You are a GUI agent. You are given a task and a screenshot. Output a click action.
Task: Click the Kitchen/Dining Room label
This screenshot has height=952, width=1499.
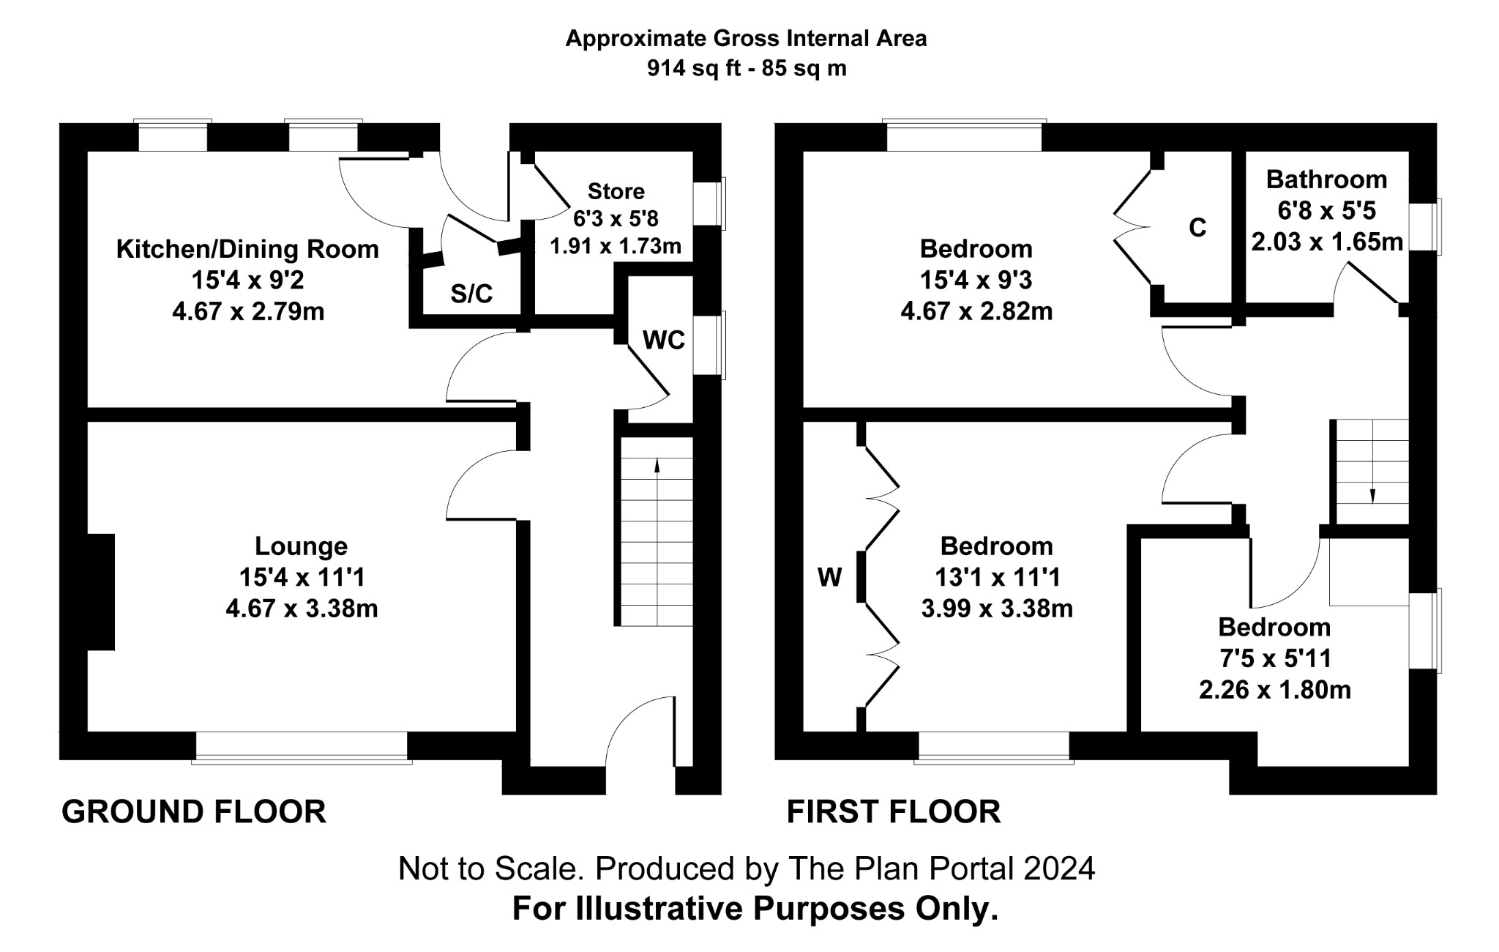(247, 250)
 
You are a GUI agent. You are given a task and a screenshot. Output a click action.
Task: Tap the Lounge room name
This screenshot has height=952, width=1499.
(301, 546)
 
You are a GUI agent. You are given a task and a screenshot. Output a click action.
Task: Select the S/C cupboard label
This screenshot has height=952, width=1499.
(471, 294)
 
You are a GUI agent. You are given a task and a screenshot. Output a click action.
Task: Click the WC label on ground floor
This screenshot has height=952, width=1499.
(663, 341)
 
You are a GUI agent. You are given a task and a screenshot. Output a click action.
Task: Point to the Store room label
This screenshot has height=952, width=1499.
(616, 192)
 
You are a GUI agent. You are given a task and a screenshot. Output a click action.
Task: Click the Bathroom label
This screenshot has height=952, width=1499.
(1326, 179)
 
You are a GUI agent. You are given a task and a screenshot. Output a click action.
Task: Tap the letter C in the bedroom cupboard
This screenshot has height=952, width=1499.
(1197, 228)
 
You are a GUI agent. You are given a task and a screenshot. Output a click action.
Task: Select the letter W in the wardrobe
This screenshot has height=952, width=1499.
(829, 579)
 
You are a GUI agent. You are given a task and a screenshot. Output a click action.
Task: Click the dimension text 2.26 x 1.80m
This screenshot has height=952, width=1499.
(1274, 690)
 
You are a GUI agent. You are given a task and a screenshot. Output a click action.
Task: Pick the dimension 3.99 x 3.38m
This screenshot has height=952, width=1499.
(997, 609)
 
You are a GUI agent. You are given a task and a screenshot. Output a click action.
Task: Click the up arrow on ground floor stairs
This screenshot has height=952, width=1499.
(657, 466)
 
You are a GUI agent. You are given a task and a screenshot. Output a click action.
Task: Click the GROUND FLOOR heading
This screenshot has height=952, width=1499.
(194, 812)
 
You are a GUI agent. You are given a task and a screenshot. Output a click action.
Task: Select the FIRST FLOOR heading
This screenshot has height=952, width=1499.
(893, 812)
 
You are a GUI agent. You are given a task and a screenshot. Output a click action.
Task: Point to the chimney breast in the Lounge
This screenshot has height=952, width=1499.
(101, 592)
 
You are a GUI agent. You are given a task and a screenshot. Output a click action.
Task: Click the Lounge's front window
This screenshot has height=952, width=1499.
(302, 747)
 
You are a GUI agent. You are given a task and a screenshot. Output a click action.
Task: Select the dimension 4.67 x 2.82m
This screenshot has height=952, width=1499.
(976, 312)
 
